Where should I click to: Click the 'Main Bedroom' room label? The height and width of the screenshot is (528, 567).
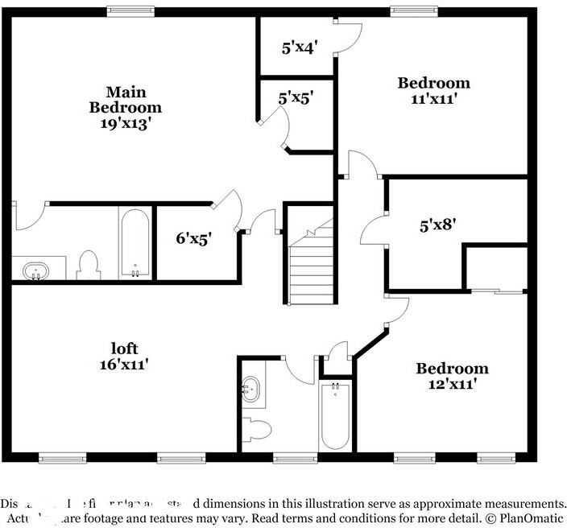click(125, 99)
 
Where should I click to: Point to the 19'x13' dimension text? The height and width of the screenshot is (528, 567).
click(125, 124)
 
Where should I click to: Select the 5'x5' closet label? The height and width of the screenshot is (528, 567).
click(296, 98)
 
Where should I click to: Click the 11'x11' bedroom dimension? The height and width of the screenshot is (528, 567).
click(433, 100)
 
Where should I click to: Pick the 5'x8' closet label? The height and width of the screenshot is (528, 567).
click(439, 225)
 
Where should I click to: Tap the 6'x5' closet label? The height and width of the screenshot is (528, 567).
click(194, 238)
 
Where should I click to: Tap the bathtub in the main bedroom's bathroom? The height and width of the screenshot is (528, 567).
click(135, 244)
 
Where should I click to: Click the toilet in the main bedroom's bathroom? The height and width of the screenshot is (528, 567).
click(89, 265)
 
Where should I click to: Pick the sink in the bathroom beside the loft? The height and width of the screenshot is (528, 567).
click(253, 390)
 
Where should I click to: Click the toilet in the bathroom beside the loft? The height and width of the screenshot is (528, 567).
click(256, 430)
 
